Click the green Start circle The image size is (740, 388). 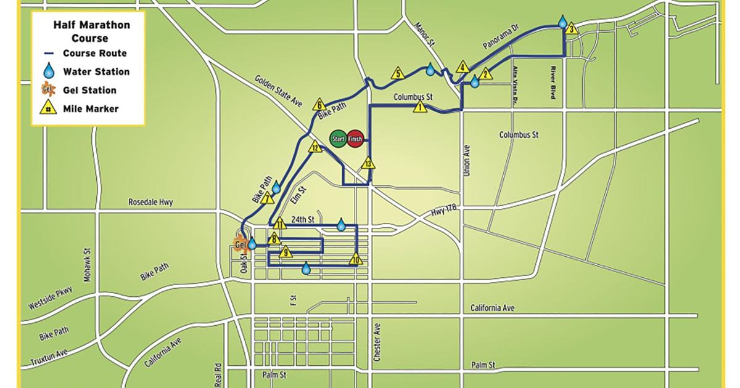(x=339, y=139)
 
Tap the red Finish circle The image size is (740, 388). (x=355, y=139)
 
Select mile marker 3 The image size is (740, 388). (x=571, y=28)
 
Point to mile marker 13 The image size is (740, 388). (x=368, y=164)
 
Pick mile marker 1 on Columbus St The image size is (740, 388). (x=420, y=107)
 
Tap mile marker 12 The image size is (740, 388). (x=314, y=147)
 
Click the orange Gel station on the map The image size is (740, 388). (x=239, y=245)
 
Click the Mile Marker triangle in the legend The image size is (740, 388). (x=47, y=108)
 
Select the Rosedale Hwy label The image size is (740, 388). (x=151, y=201)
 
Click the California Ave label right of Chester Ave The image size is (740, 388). (x=491, y=308)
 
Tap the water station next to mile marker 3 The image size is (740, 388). (x=562, y=22)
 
